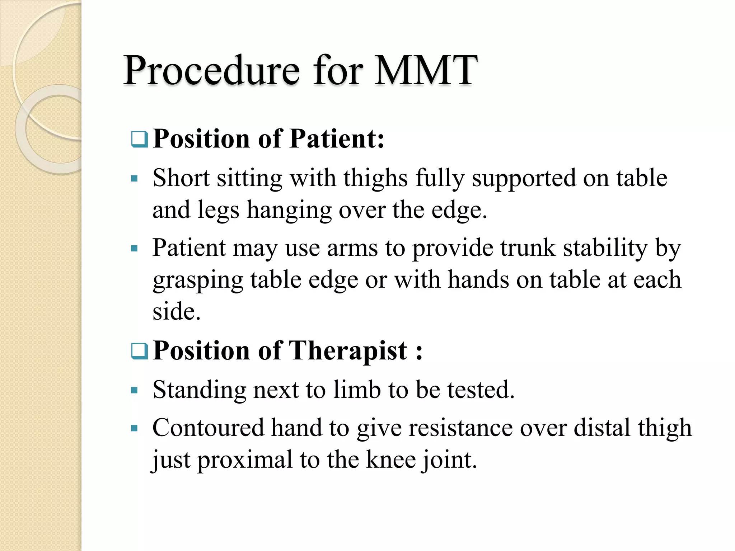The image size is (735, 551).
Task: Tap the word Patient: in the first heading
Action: point(337,139)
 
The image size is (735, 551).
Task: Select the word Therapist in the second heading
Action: point(348,350)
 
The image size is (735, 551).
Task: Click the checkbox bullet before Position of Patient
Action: point(139,140)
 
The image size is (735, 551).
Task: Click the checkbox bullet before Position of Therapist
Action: point(139,351)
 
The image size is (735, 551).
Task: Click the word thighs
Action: point(375,178)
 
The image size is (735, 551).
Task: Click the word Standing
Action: point(199,390)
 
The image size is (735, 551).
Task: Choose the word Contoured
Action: point(208,428)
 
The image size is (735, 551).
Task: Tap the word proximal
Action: point(245,460)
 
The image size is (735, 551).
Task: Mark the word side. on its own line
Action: point(176,311)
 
